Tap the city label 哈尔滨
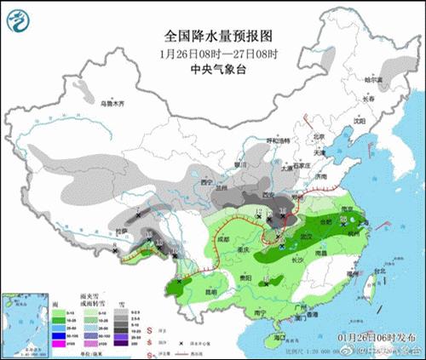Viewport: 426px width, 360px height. tap(375, 79)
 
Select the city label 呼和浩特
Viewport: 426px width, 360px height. tap(279, 139)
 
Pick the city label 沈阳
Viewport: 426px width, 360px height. tap(359, 121)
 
